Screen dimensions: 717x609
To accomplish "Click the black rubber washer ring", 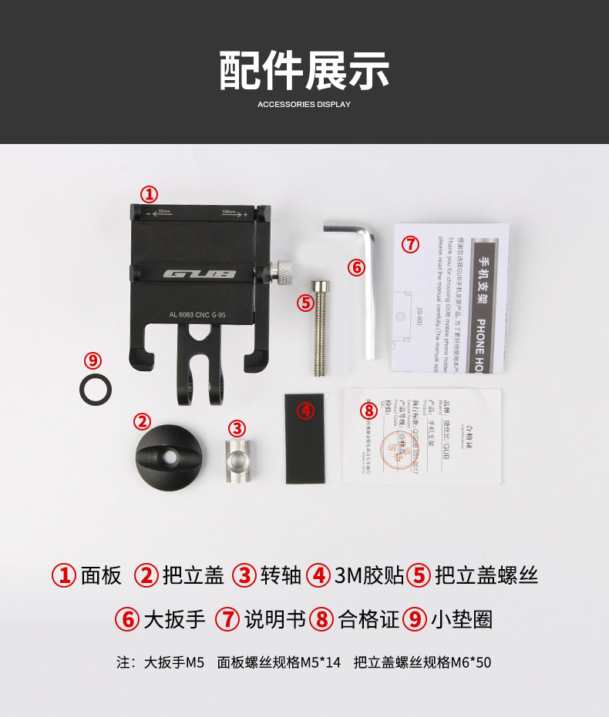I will (96, 388).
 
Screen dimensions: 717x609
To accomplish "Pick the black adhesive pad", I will (304, 438).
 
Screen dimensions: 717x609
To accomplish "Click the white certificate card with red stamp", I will (422, 436).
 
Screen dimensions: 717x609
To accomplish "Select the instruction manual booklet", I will (452, 297).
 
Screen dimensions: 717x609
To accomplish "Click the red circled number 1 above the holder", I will (148, 193).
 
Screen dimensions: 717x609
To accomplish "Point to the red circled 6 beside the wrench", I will (355, 267).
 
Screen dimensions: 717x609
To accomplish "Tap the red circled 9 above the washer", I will (93, 360).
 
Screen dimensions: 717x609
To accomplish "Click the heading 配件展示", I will (304, 71).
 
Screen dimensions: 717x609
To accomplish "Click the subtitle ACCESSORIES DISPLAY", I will (304, 104).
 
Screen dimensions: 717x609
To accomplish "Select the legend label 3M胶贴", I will (369, 575).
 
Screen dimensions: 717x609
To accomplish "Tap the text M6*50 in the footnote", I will (471, 662).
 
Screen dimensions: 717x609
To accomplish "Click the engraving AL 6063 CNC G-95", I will (197, 313).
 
